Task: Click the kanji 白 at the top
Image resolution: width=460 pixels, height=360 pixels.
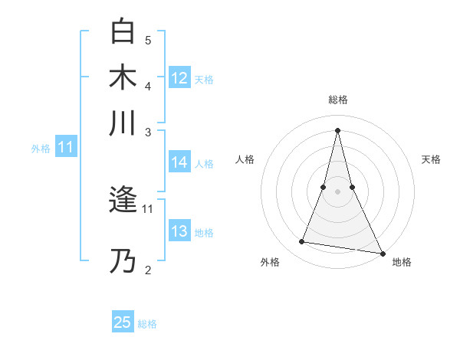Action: (x=123, y=31)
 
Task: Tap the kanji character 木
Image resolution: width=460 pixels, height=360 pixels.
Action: (x=123, y=77)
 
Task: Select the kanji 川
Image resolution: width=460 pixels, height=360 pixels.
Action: (x=123, y=123)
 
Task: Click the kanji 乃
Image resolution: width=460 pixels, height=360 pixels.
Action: (x=123, y=261)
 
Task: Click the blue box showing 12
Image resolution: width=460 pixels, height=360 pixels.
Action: (x=179, y=78)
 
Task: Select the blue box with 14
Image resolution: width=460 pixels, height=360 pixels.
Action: (x=179, y=162)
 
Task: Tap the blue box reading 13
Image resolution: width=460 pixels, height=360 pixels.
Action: (x=179, y=231)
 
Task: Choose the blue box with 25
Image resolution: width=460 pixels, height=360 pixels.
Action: (x=123, y=322)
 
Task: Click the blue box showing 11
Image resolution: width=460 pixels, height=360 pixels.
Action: (x=66, y=148)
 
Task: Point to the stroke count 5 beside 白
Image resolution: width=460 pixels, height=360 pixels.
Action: (x=148, y=40)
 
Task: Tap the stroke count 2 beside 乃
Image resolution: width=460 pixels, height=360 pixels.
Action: (x=148, y=270)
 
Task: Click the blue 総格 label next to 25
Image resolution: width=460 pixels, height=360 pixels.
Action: (x=147, y=324)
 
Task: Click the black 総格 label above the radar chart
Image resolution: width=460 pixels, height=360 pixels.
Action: (x=338, y=100)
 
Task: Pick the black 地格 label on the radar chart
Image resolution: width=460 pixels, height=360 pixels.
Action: (x=402, y=262)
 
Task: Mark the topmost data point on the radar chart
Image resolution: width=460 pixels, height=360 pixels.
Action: (x=338, y=130)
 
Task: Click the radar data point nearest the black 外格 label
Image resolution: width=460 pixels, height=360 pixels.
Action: (x=301, y=242)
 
